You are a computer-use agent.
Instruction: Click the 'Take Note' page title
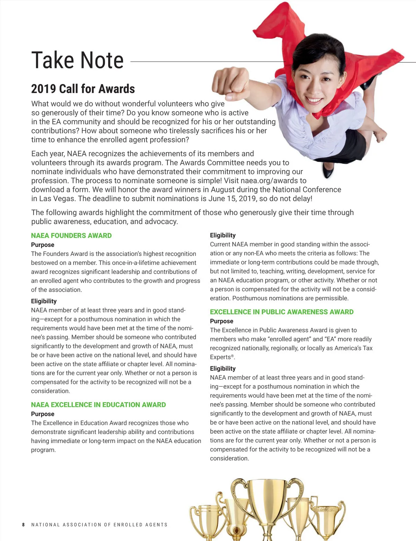[77, 60]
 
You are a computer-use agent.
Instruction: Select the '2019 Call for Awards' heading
[83, 89]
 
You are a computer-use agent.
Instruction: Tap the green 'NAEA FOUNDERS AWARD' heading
[71, 235]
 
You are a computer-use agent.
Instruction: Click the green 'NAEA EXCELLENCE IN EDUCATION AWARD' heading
[98, 405]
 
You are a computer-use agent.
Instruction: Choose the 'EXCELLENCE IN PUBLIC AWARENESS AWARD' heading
[281, 312]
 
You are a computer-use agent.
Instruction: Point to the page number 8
[23, 525]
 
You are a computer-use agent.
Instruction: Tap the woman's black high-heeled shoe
[328, 170]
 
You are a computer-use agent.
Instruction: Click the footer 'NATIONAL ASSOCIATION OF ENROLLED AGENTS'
[99, 525]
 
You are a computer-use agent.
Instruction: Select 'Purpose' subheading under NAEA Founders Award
[43, 245]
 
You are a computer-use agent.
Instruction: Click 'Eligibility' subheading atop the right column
[223, 235]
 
